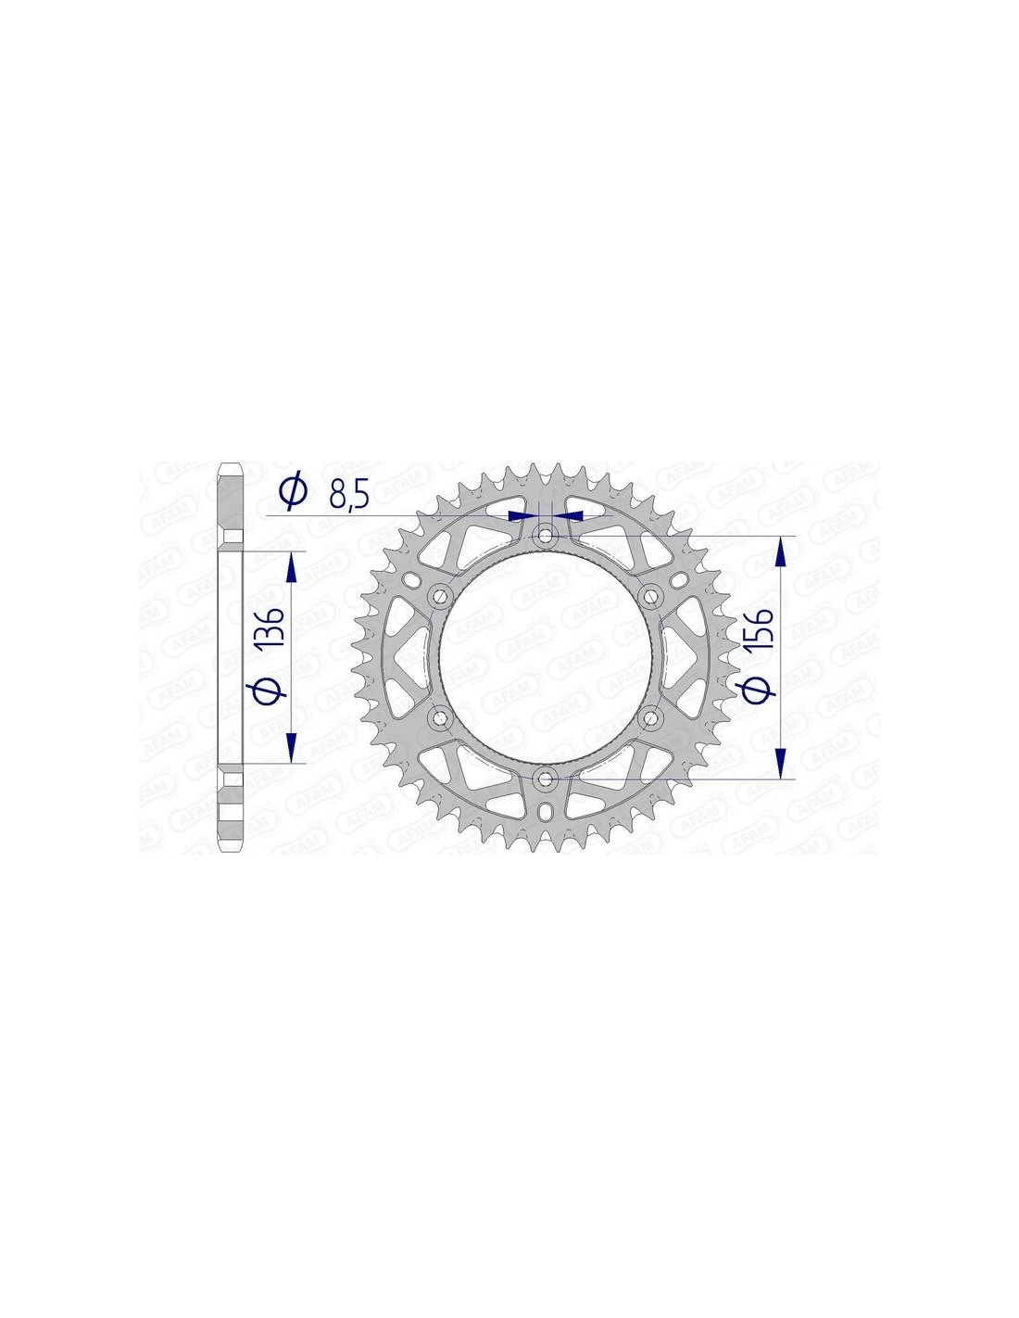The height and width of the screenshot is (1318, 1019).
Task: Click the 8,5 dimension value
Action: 348,496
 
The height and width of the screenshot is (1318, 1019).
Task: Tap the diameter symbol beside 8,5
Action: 294,492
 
